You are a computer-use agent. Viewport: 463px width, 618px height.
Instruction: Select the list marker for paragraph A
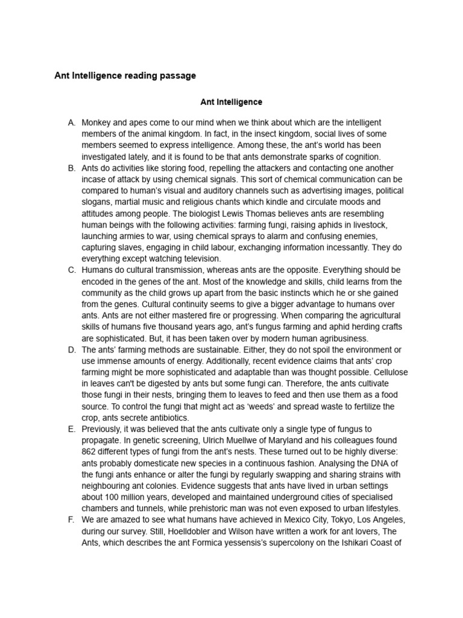71,123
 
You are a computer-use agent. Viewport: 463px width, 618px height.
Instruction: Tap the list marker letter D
72,349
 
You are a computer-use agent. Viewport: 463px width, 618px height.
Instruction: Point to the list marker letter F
71,520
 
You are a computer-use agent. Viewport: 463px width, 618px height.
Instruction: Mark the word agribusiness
338,338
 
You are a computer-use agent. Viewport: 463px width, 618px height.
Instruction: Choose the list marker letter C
71,270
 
